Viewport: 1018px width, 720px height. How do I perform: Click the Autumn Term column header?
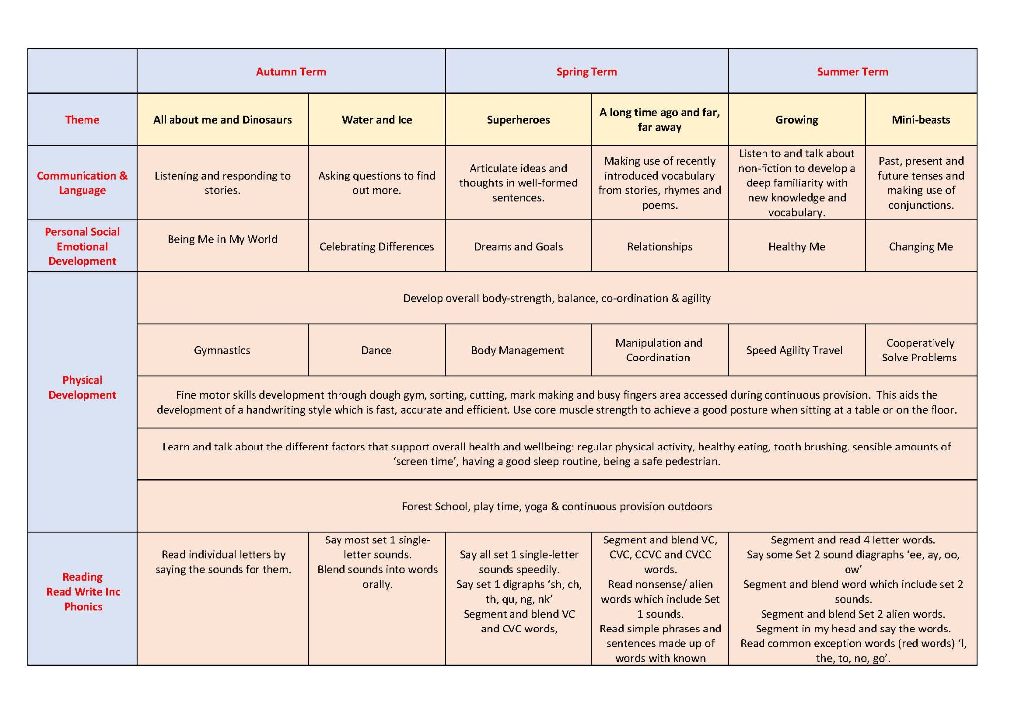point(291,72)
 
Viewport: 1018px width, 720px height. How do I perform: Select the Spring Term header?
point(587,72)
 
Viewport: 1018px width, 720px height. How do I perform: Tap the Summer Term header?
point(852,72)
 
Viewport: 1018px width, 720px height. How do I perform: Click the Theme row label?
point(82,120)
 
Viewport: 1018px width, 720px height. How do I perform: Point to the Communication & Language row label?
point(82,183)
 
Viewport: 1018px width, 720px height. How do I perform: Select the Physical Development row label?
point(82,387)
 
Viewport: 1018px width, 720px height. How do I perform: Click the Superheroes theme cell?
point(518,120)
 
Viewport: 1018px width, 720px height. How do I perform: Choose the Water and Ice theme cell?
point(377,120)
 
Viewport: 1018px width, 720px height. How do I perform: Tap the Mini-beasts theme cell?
point(921,120)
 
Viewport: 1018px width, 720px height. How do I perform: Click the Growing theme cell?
point(796,120)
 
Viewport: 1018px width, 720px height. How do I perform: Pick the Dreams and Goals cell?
point(518,247)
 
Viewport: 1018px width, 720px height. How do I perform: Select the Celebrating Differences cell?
point(376,247)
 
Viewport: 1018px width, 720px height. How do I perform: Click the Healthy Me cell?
point(796,247)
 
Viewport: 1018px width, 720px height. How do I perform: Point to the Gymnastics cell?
point(222,350)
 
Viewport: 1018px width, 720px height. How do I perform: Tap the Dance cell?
point(376,350)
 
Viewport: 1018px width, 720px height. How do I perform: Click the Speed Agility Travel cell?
point(794,350)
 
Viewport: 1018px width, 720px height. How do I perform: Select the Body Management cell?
point(517,350)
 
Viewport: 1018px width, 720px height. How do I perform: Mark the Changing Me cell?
point(921,247)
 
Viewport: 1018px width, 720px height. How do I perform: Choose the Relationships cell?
point(660,247)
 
